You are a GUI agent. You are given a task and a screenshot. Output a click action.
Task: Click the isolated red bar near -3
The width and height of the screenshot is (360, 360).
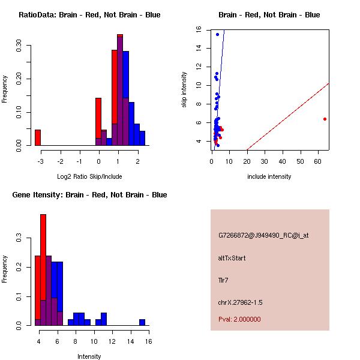click(x=37, y=137)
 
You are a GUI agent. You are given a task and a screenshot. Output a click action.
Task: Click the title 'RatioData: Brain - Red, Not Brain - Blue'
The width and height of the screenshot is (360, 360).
click(x=89, y=15)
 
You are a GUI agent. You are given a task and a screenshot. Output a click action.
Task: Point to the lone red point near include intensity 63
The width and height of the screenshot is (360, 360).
click(x=325, y=119)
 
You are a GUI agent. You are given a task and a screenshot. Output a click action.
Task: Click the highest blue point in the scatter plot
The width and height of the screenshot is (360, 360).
click(x=218, y=34)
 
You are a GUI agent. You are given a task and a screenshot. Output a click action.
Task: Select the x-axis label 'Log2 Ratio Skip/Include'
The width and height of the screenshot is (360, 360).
click(x=89, y=176)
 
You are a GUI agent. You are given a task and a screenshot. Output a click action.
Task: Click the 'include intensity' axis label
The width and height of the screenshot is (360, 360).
click(x=269, y=176)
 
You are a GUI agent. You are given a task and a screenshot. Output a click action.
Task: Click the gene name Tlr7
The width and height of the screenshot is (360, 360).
click(x=224, y=280)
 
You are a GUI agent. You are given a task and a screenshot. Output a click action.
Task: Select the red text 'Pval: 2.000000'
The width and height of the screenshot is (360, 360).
click(x=239, y=319)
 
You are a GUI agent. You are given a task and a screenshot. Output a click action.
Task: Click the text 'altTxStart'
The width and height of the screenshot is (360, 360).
click(x=232, y=258)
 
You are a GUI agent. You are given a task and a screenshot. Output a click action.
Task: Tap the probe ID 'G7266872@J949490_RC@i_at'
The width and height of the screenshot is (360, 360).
click(x=263, y=236)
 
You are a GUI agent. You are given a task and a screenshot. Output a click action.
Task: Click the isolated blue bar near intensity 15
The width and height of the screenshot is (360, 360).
click(x=142, y=322)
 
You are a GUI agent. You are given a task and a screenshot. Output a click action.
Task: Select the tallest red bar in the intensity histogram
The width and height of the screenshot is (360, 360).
click(x=43, y=270)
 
